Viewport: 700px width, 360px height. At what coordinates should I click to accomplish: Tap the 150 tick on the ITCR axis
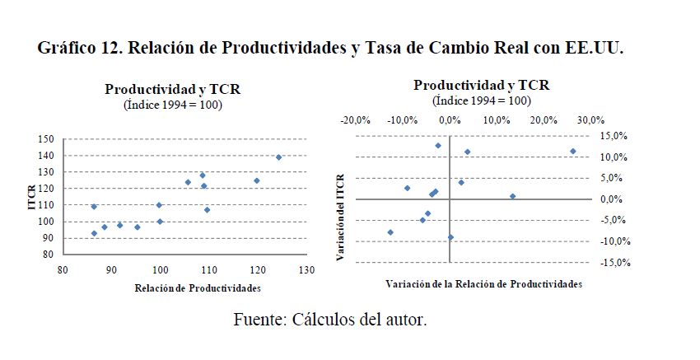coord(47,139)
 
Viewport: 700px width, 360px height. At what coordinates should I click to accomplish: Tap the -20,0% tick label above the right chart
coord(357,119)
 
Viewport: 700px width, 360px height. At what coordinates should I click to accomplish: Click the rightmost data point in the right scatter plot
coord(572,152)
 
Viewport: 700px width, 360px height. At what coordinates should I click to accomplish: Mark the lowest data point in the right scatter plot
coord(450,237)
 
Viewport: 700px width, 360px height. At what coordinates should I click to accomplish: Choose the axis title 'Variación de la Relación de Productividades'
coord(483,283)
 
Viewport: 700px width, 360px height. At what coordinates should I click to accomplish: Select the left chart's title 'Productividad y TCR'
coord(173,89)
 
